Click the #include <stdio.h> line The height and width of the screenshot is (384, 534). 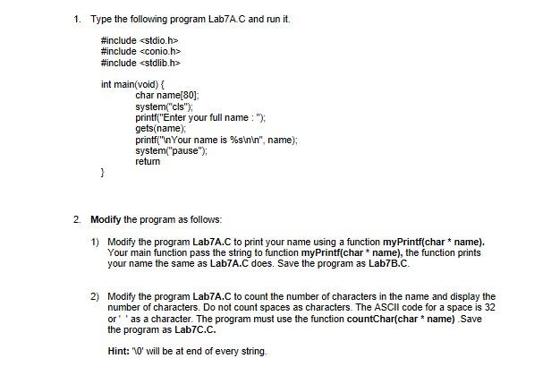(x=140, y=40)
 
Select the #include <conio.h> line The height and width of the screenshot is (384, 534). (x=140, y=52)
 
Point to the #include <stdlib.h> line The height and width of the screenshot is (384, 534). (x=140, y=64)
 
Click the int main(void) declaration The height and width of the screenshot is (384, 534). (x=133, y=84)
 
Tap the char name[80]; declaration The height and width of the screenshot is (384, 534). (x=167, y=95)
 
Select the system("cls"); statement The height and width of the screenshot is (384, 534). (x=163, y=107)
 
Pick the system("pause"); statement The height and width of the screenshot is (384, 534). (x=171, y=150)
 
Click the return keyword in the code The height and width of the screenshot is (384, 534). (x=148, y=162)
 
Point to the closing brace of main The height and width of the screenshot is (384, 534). (x=103, y=174)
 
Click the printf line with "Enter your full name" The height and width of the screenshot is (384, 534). (x=200, y=117)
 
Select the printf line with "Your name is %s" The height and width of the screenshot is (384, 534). (x=216, y=140)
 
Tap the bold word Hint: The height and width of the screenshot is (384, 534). (x=116, y=351)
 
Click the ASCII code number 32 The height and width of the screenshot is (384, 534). (x=489, y=307)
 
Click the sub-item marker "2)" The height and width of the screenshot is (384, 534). (x=94, y=296)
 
